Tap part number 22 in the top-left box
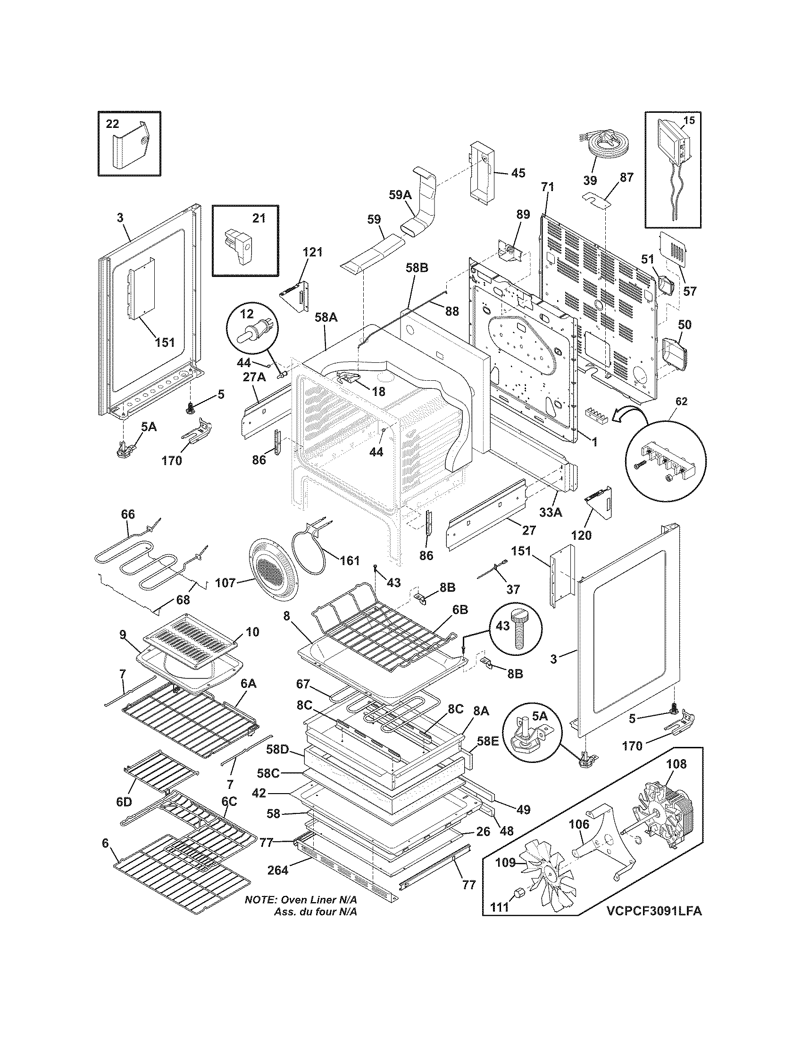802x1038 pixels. (112, 124)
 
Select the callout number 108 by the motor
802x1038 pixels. (676, 764)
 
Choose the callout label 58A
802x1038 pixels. (326, 317)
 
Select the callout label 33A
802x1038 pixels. (551, 512)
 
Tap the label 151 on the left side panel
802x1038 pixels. (164, 342)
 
